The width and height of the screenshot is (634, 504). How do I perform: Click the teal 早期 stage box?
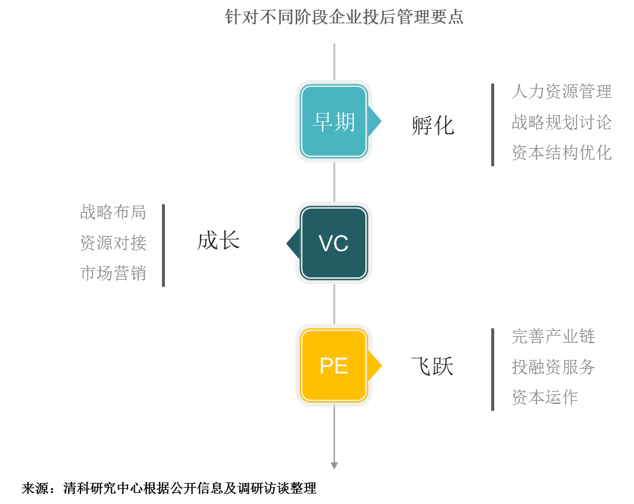click(x=334, y=121)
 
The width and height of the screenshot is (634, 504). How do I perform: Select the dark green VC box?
click(x=334, y=243)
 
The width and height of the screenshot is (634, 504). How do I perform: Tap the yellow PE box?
click(x=334, y=365)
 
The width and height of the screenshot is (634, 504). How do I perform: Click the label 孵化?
click(x=432, y=125)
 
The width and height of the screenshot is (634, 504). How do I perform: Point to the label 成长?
click(x=219, y=241)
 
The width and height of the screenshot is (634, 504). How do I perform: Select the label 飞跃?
click(x=432, y=366)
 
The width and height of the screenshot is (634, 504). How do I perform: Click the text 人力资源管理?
click(x=561, y=91)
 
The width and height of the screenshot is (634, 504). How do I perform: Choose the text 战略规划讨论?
click(x=561, y=122)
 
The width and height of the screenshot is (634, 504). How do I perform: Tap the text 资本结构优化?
click(x=561, y=153)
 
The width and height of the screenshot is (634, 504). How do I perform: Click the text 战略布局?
click(x=113, y=212)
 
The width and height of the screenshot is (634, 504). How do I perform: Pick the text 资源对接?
click(x=113, y=243)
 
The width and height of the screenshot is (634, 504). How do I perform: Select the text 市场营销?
click(x=113, y=273)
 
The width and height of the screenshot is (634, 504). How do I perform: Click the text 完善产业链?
click(x=553, y=336)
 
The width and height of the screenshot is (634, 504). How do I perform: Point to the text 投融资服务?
click(x=553, y=367)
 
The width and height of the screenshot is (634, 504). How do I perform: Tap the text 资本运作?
click(x=544, y=397)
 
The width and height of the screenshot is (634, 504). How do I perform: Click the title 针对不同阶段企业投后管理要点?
click(x=344, y=17)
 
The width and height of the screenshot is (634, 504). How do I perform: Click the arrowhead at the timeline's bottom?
click(x=334, y=466)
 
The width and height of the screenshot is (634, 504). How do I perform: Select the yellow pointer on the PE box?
click(x=376, y=365)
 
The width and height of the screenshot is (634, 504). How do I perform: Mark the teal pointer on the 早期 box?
click(x=376, y=121)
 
